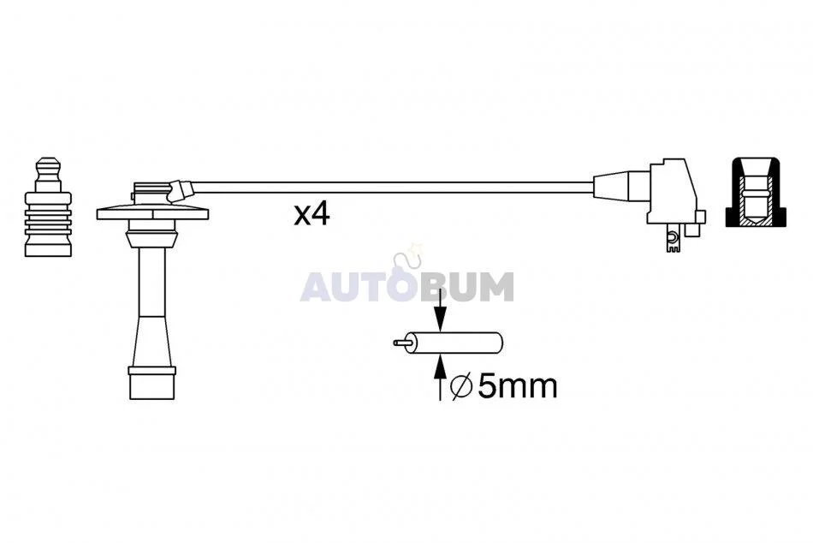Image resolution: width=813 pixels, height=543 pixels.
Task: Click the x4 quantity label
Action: tap(312, 214)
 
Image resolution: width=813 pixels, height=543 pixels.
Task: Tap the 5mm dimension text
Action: tap(518, 386)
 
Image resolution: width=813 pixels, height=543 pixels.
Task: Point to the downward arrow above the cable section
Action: tap(440, 309)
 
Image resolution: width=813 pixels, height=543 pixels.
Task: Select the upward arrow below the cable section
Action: tap(440, 378)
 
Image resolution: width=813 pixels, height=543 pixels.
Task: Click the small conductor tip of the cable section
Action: tap(402, 343)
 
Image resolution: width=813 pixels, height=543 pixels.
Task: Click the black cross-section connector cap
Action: tap(756, 192)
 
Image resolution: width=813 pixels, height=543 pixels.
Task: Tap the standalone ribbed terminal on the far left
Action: tap(48, 206)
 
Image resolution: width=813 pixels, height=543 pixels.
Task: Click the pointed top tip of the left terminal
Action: tap(48, 158)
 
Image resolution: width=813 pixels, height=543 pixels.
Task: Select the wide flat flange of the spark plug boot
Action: tap(152, 213)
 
